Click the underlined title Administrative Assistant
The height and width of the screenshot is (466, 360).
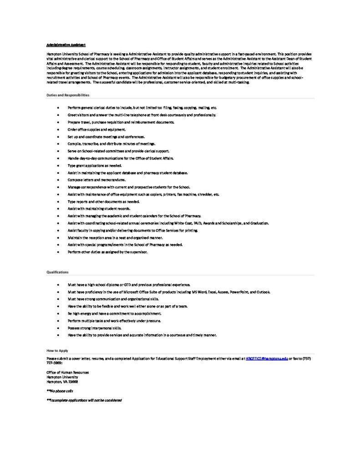pos(66,45)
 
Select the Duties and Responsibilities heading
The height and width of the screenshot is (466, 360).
pos(68,95)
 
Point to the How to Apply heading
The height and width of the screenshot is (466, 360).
pos(57,350)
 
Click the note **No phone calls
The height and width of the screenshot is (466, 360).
pos(60,391)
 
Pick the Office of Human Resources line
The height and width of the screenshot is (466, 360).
pos(68,372)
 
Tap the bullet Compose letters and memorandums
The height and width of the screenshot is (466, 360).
pos(94,180)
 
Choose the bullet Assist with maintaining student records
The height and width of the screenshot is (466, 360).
pos(99,208)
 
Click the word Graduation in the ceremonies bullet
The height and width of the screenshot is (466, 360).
pos(259,223)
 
